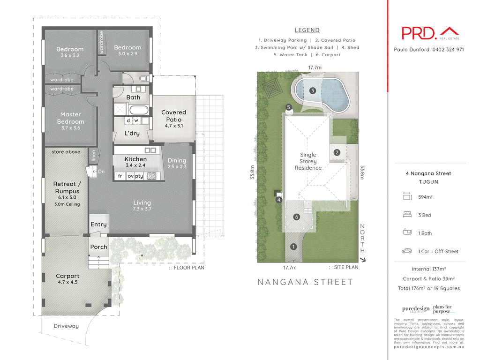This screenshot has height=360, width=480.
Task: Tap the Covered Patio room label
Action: click(173, 116)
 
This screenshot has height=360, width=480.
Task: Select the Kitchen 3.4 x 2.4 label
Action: click(135, 162)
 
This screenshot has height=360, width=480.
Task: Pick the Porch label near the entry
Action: click(98, 247)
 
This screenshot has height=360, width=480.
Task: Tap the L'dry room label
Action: click(132, 134)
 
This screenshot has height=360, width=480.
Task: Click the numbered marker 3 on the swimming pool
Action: click(313, 90)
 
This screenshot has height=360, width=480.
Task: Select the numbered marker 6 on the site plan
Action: click(296, 217)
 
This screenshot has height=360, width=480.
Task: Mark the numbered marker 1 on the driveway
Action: click(293, 247)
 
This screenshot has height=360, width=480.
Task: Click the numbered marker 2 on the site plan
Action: click(337, 152)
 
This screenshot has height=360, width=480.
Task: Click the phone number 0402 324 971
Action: click(448, 50)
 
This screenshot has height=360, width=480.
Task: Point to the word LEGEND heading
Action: click(307, 30)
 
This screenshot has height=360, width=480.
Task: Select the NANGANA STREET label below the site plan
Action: click(306, 282)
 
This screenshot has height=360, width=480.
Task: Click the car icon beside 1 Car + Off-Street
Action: click(406, 251)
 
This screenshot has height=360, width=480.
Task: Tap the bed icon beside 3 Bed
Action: click(406, 215)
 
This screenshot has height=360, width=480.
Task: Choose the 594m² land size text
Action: click(425, 197)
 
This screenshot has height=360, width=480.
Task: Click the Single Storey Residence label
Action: click(308, 161)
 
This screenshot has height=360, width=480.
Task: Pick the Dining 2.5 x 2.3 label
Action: click(177, 164)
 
